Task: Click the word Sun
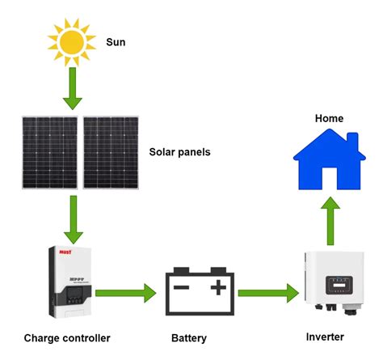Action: pyautogui.click(x=117, y=40)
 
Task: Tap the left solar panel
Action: pyautogui.click(x=50, y=151)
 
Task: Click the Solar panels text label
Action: pyautogui.click(x=180, y=151)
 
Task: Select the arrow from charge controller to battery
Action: pyautogui.click(x=125, y=291)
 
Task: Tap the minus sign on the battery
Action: pyautogui.click(x=183, y=287)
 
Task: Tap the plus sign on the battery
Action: pyautogui.click(x=217, y=287)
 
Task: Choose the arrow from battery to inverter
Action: pyautogui.click(x=266, y=291)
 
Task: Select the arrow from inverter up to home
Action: pyautogui.click(x=330, y=222)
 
